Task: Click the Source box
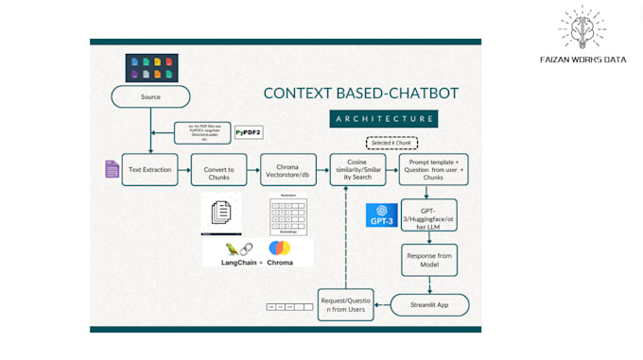click(150, 96)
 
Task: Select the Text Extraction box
click(150, 169)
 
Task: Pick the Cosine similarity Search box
click(356, 169)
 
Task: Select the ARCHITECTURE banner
click(383, 119)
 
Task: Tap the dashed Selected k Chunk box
click(391, 144)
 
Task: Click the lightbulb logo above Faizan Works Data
click(582, 28)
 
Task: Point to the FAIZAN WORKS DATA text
click(582, 59)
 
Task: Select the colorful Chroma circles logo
click(280, 249)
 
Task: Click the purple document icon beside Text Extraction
click(112, 169)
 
